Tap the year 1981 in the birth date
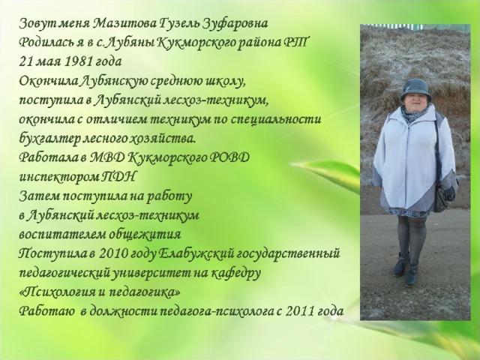coord(79,61)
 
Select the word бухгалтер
coord(49,139)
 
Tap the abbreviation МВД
coord(107,157)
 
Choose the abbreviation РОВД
coord(229,157)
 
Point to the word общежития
coord(145,235)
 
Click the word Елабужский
coord(196,253)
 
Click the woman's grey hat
coord(416,89)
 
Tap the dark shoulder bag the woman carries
coord(445,196)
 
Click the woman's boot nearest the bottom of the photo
coord(412,274)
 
